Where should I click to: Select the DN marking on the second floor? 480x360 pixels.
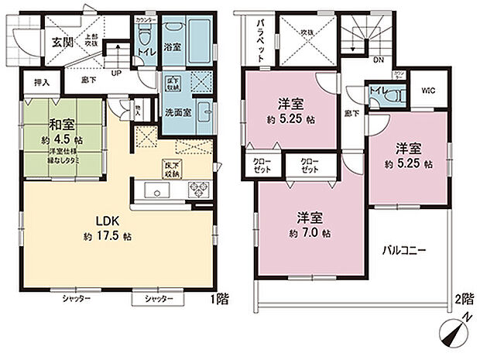(x=378, y=59)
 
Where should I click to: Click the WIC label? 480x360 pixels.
(x=427, y=91)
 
